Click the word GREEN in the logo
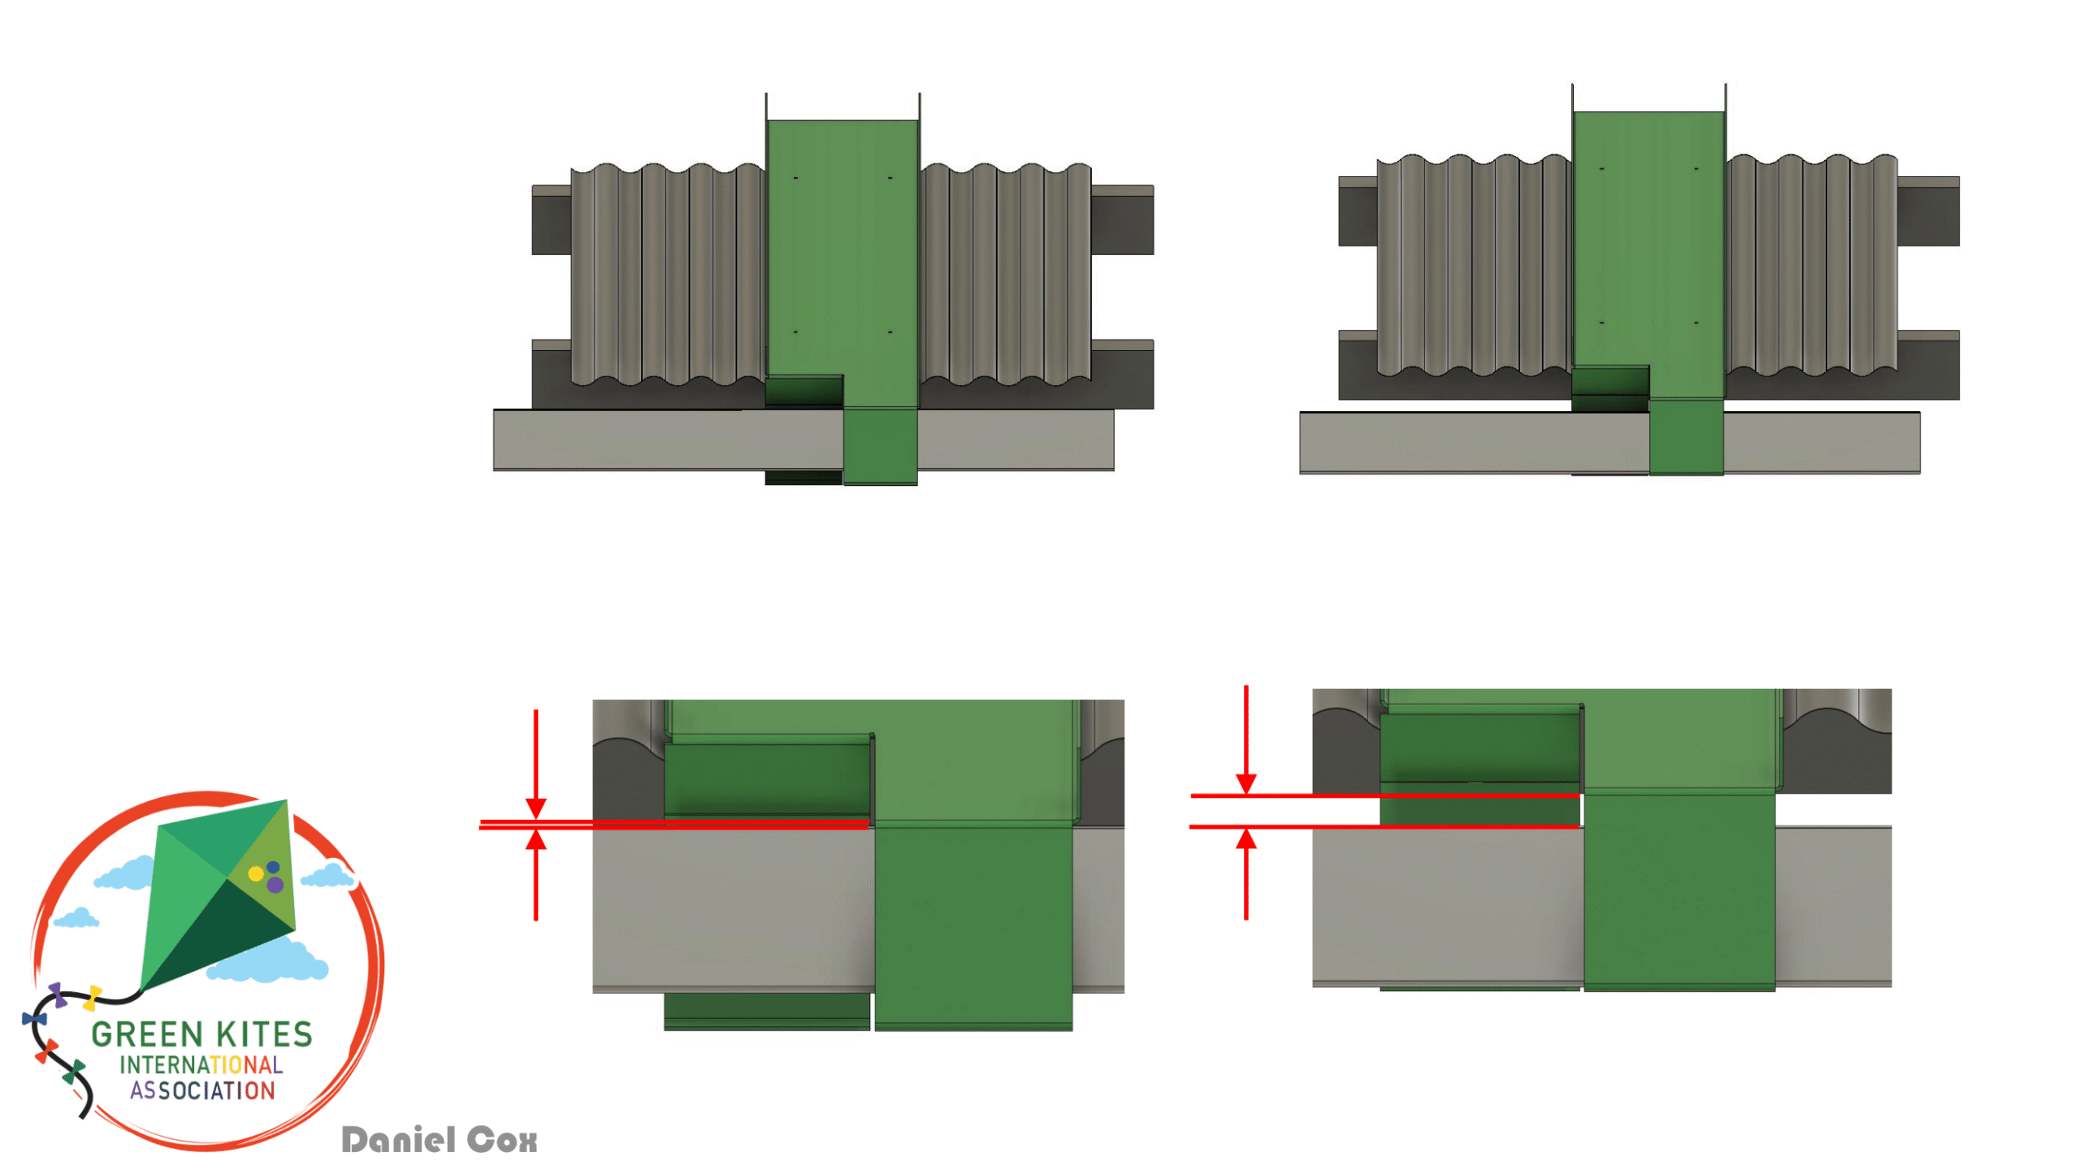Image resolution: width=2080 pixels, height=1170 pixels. [x=147, y=1034]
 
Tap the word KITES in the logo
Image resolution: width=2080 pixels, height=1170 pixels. [x=265, y=1034]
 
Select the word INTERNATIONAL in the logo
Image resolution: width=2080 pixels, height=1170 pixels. [x=201, y=1064]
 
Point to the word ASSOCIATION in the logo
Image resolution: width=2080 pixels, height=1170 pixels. [x=202, y=1090]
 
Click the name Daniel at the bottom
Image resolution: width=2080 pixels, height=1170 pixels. [x=398, y=1139]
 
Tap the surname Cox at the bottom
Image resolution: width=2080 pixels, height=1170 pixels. [x=502, y=1140]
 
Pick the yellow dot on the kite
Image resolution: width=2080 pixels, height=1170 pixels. [x=255, y=873]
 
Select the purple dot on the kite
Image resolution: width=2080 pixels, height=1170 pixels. [x=275, y=885]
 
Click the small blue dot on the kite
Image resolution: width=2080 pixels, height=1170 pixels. [x=273, y=867]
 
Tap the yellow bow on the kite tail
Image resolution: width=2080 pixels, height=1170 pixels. [x=93, y=997]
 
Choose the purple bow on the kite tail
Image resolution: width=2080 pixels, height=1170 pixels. [x=57, y=994]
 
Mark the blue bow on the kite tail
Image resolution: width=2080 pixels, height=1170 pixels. [x=34, y=1018]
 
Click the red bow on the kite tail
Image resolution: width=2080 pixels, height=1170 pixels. [x=46, y=1051]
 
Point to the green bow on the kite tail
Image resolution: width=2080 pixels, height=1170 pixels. [x=74, y=1072]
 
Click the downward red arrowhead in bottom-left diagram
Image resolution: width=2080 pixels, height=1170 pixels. [x=535, y=808]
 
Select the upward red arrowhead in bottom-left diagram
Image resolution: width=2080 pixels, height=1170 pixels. [x=535, y=839]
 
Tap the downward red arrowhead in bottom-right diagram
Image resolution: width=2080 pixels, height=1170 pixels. [x=1246, y=783]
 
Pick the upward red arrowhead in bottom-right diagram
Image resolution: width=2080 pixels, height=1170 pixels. [x=1246, y=838]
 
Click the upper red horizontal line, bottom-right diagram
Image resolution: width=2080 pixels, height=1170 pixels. [x=1385, y=795]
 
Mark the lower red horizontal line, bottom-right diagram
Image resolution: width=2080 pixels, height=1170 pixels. [x=1384, y=826]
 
